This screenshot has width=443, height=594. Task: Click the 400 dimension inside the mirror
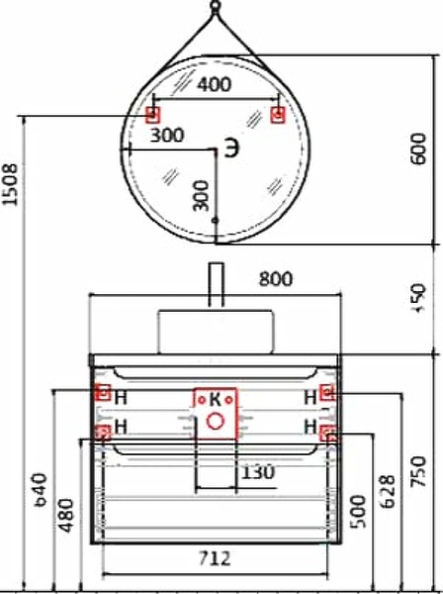215,85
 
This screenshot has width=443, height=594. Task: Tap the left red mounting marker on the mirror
152,115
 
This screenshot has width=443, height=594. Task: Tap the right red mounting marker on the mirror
278,115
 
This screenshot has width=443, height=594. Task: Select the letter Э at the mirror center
229,148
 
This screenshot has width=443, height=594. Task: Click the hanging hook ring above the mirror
216,11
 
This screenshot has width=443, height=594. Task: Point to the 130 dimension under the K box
257,473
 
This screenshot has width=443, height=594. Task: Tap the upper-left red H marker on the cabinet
102,392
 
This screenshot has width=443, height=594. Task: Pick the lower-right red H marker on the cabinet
329,433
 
